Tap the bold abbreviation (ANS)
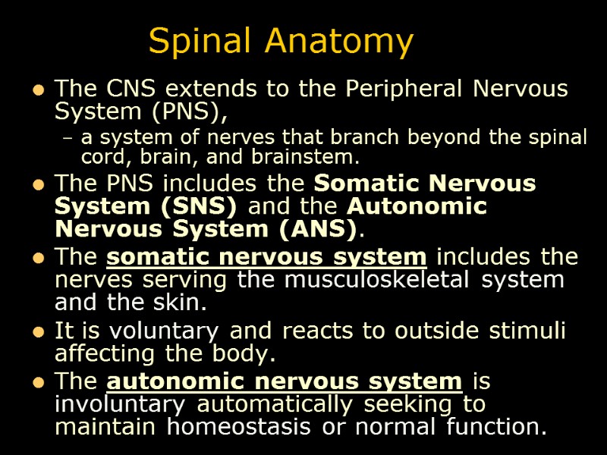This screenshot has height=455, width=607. coord(317,228)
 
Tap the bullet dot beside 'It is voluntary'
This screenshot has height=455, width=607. coord(36,331)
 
